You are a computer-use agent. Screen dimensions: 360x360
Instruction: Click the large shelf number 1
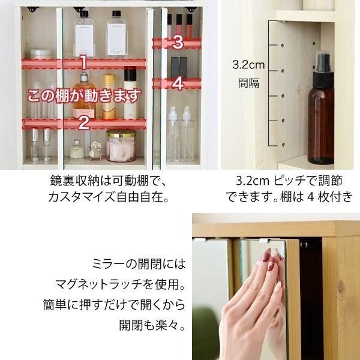click(x=84, y=62)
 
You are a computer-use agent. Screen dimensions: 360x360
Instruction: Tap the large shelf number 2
click(x=84, y=123)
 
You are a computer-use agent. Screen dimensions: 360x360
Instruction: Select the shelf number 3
click(x=178, y=43)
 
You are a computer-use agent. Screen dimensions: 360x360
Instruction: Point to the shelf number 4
click(x=178, y=83)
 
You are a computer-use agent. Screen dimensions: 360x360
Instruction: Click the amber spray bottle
click(x=320, y=109)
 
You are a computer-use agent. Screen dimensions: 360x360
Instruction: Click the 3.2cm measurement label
click(x=248, y=65)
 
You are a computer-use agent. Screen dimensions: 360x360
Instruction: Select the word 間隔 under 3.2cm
click(x=248, y=83)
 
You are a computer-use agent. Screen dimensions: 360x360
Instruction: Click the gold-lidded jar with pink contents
click(x=121, y=146)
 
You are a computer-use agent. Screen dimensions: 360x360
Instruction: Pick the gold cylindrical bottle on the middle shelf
click(x=109, y=97)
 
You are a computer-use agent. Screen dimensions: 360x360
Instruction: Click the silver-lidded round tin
click(x=40, y=54)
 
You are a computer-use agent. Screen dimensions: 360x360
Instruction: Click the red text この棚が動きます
click(x=84, y=96)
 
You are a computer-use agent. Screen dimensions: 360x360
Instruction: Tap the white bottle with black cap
click(x=130, y=93)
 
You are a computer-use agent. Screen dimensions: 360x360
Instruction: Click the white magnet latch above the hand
click(x=263, y=241)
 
